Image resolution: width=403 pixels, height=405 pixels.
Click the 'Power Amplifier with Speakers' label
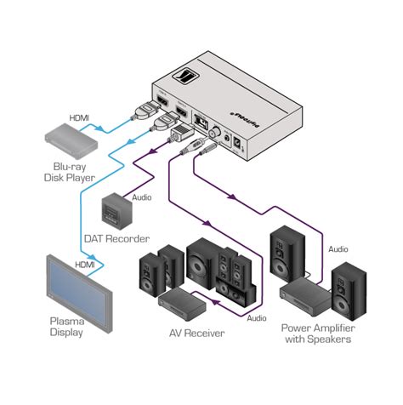[x=332, y=334]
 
